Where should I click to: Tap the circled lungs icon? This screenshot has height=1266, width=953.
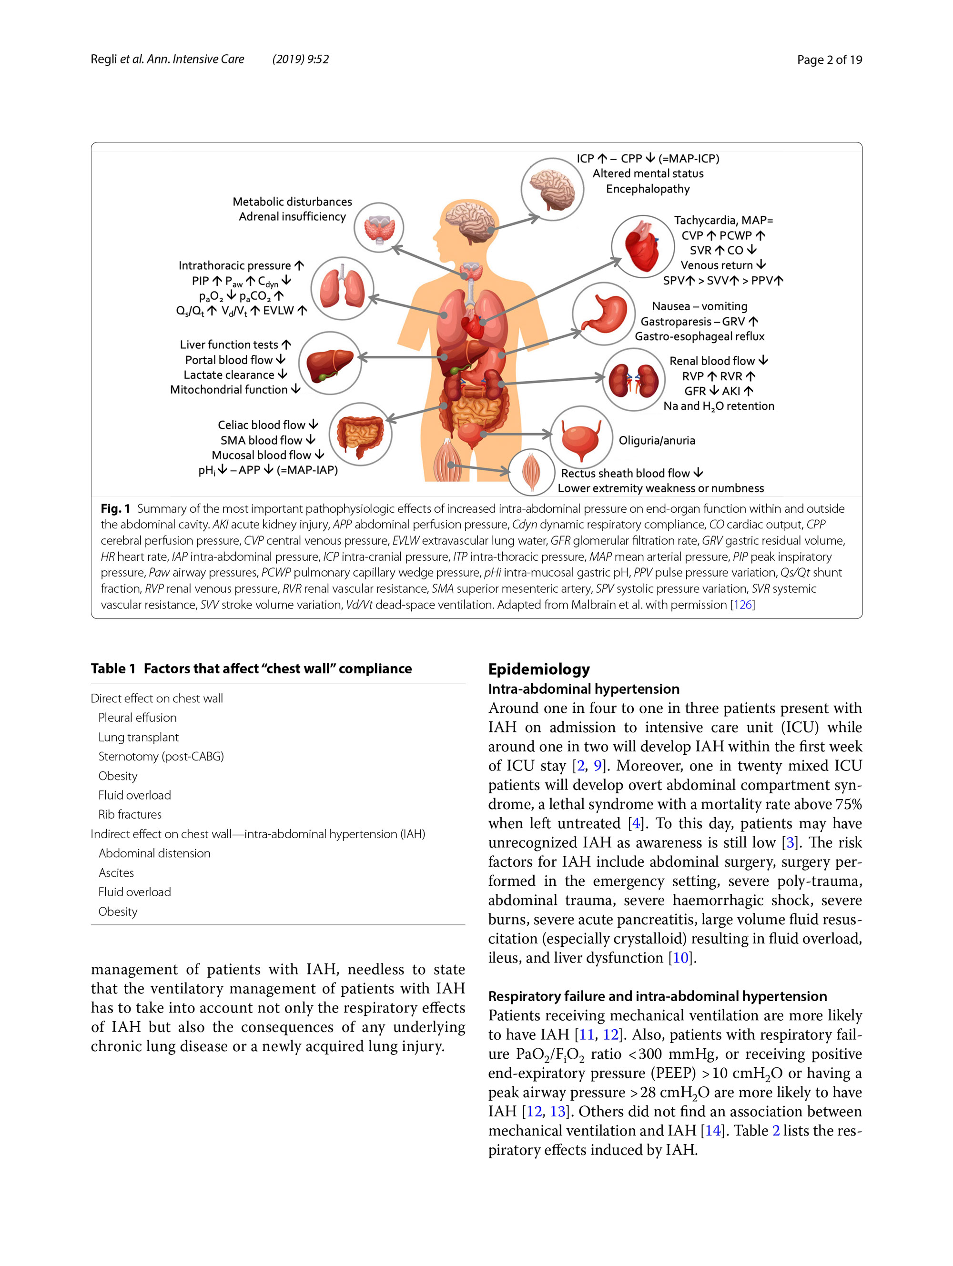342,288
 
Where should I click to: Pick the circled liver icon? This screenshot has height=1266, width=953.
330,364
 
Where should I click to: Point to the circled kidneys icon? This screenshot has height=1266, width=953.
633,379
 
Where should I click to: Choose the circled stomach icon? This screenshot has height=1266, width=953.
603,313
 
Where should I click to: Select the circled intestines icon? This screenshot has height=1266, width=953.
360,434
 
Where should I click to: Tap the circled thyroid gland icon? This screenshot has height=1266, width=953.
378,228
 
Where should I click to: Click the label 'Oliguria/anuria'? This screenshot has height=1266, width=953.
657,440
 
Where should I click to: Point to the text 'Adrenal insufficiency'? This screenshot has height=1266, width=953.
292,216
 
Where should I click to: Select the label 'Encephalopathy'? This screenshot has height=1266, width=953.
648,189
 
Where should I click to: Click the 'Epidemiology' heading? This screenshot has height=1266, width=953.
538,668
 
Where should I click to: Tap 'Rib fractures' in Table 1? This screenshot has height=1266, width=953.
130,814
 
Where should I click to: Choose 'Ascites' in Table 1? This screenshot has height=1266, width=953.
116,872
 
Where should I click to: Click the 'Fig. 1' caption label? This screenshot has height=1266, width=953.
115,508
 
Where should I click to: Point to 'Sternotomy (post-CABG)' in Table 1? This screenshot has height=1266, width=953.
161,756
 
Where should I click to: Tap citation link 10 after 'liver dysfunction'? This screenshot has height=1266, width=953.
680,958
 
